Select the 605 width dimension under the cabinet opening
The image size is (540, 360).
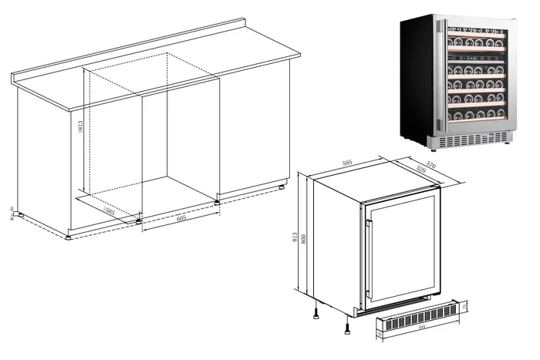tap(181, 218)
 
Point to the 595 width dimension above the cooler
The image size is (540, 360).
tap(347, 163)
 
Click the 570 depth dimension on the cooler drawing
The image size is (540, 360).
tap(431, 164)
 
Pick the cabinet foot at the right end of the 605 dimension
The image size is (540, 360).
tap(218, 202)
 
